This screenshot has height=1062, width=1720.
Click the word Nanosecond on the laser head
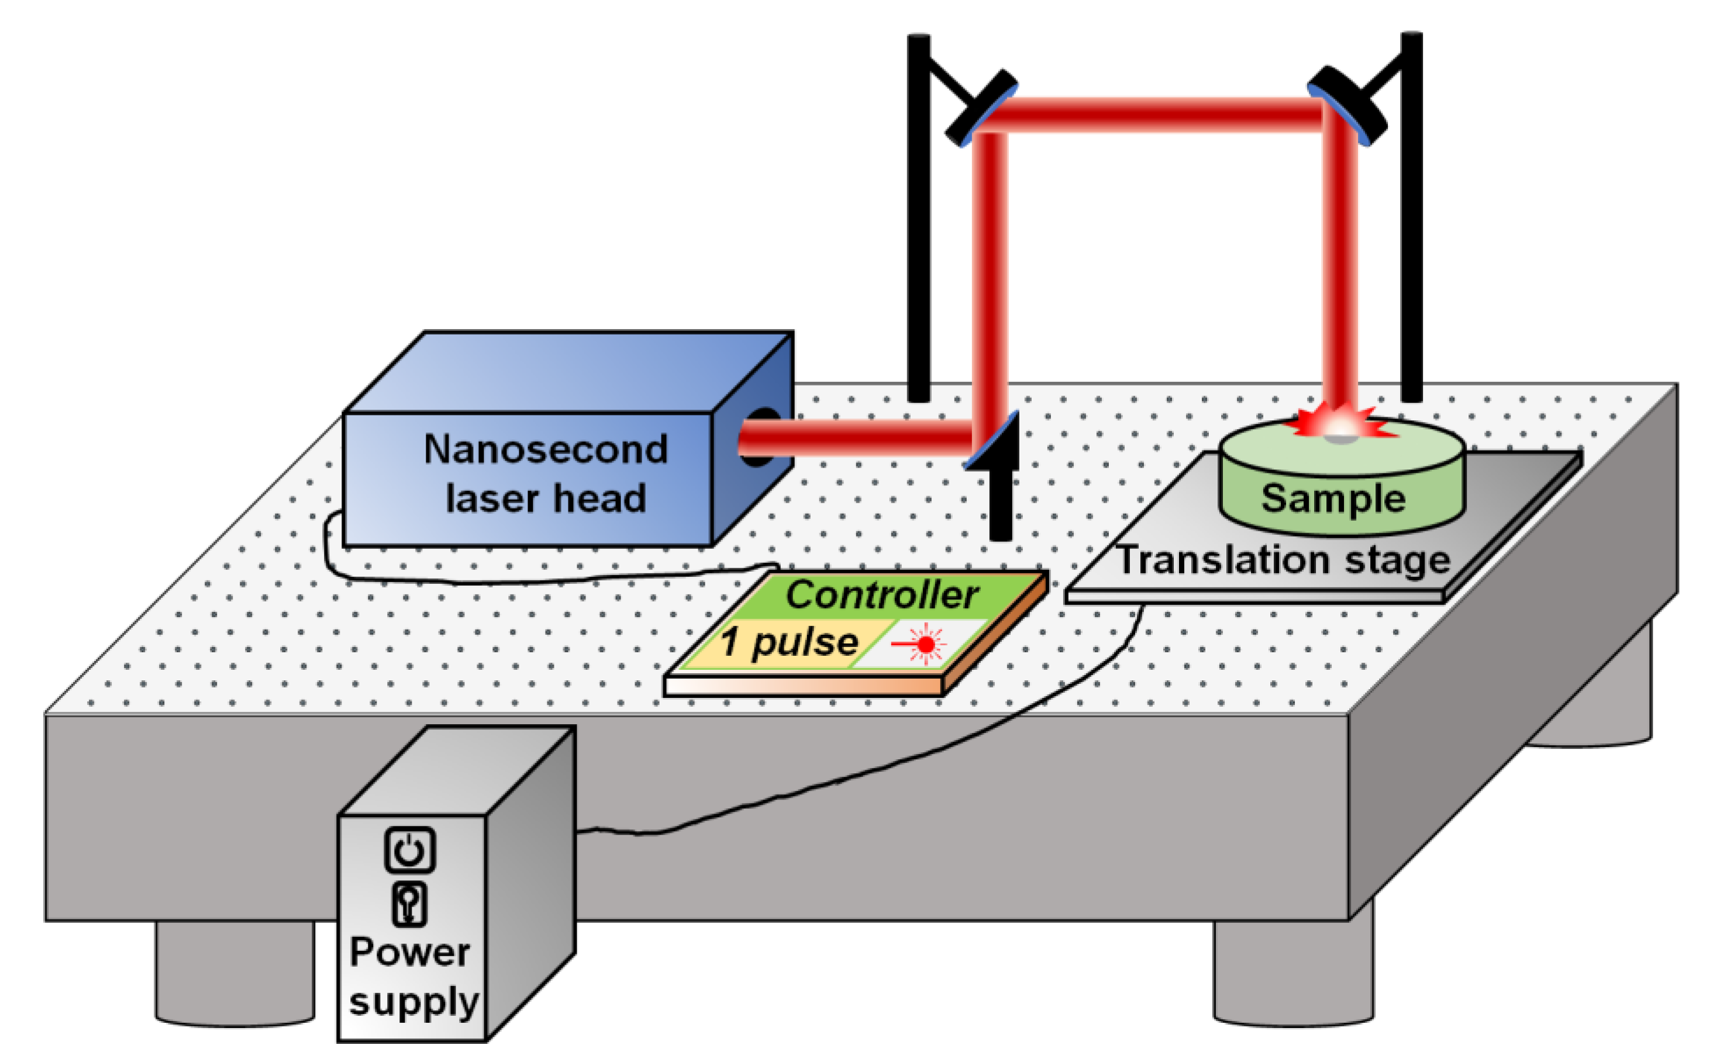(x=545, y=449)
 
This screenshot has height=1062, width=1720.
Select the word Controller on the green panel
(x=881, y=595)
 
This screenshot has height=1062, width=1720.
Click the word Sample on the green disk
(x=1333, y=499)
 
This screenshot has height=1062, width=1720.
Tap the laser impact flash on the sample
(x=1340, y=425)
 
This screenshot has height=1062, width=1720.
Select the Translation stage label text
(x=1283, y=561)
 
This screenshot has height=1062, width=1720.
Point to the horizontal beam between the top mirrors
(x=1159, y=115)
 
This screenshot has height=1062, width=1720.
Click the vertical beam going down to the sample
(x=1340, y=267)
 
